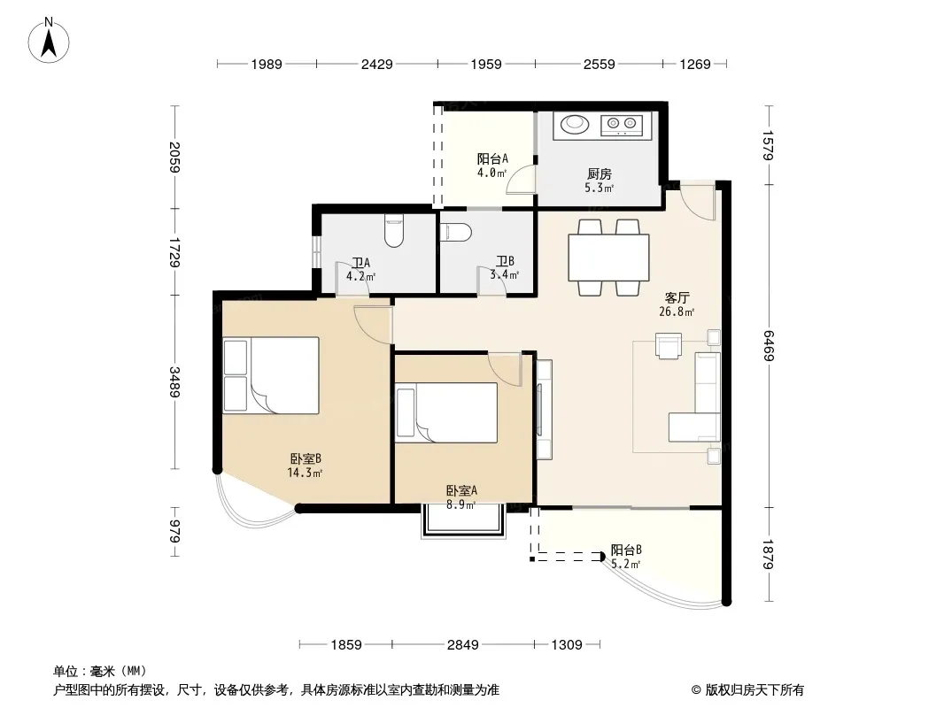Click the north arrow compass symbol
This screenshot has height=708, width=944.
tap(49, 41)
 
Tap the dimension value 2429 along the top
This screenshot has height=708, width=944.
tap(377, 64)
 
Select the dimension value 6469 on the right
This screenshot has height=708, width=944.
tap(768, 346)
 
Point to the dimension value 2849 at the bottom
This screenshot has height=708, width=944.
tap(462, 645)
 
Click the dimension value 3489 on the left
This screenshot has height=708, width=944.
tap(174, 382)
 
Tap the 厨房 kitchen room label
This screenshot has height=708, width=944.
tap(599, 173)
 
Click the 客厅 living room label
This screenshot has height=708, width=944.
tap(677, 297)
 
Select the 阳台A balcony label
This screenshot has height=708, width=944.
tap(492, 158)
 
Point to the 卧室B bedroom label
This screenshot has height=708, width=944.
tap(306, 459)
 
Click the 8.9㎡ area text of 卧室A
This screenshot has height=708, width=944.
tap(461, 505)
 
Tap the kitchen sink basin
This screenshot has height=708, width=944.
tap(575, 125)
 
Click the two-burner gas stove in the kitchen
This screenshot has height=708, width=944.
tap(622, 125)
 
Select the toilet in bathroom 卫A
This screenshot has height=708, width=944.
tap(394, 232)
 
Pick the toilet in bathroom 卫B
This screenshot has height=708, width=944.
tap(455, 233)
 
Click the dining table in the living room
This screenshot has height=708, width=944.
tap(608, 258)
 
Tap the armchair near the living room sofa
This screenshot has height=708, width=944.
tap(669, 346)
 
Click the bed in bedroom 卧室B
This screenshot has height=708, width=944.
tap(271, 375)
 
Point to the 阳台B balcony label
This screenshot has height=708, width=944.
tap(626, 550)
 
